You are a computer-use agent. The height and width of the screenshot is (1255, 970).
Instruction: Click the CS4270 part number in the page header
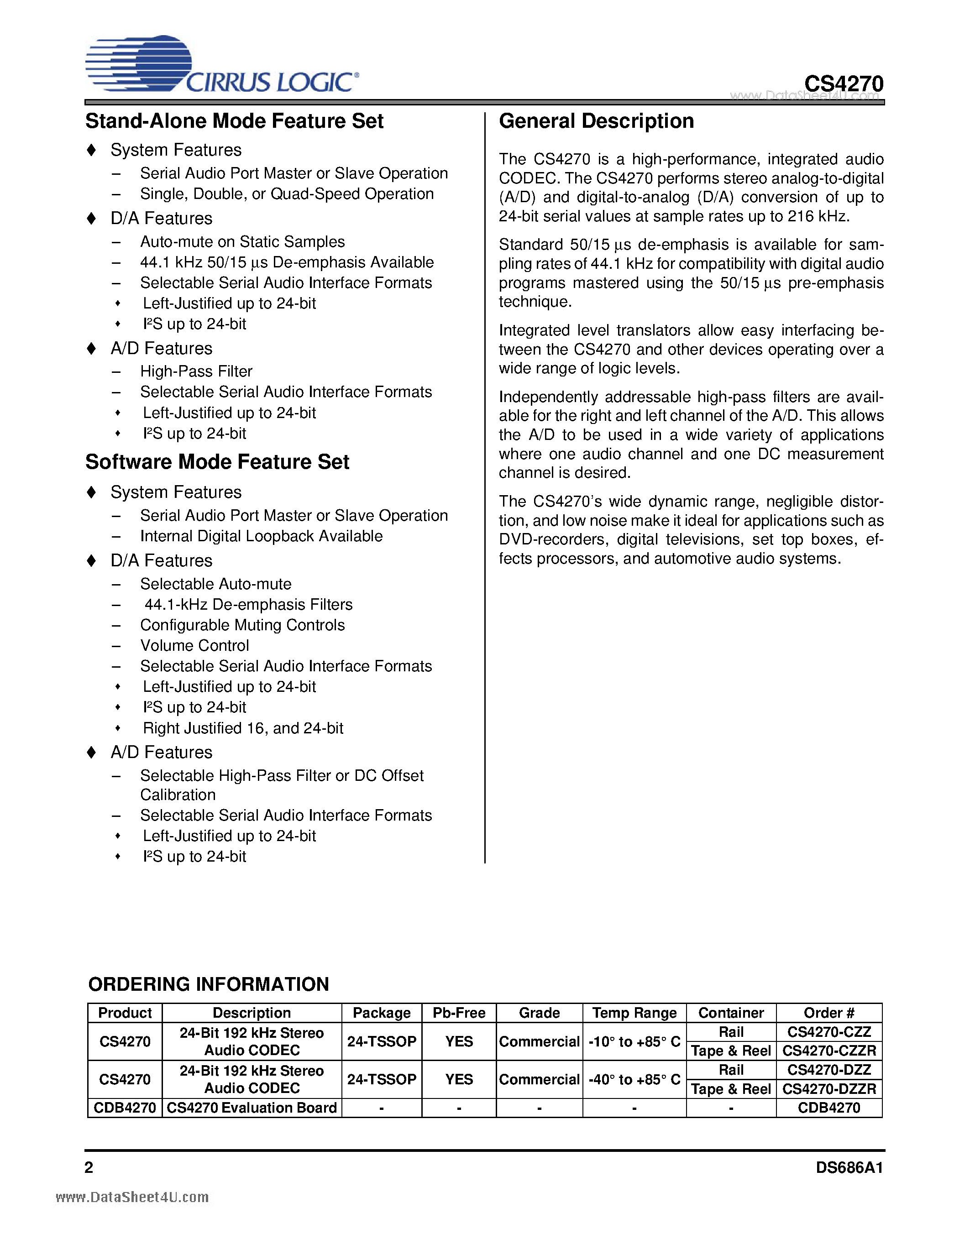pyautogui.click(x=843, y=84)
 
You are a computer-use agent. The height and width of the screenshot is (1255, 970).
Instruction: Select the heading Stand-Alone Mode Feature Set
pyautogui.click(x=235, y=121)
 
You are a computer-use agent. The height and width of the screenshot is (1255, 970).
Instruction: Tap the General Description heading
pyautogui.click(x=596, y=121)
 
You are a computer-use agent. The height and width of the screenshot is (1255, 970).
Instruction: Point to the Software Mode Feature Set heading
pyautogui.click(x=217, y=462)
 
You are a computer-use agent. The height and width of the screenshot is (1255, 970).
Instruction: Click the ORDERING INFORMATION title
pyautogui.click(x=209, y=984)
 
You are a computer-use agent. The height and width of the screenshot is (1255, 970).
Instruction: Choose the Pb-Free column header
pyautogui.click(x=459, y=1013)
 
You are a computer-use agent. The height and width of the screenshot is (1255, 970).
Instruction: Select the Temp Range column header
pyautogui.click(x=634, y=1013)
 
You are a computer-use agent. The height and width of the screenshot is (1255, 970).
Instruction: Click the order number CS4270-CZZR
pyautogui.click(x=828, y=1051)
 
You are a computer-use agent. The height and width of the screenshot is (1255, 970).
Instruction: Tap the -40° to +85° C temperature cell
pyautogui.click(x=634, y=1079)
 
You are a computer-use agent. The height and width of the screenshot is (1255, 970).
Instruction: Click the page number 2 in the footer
pyautogui.click(x=89, y=1167)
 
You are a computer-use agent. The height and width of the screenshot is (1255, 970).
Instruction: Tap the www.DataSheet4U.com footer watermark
pyautogui.click(x=132, y=1197)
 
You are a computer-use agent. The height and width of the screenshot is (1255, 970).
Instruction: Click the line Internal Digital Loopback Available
pyautogui.click(x=261, y=536)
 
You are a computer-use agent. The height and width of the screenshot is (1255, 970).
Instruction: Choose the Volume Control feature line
pyautogui.click(x=194, y=645)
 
